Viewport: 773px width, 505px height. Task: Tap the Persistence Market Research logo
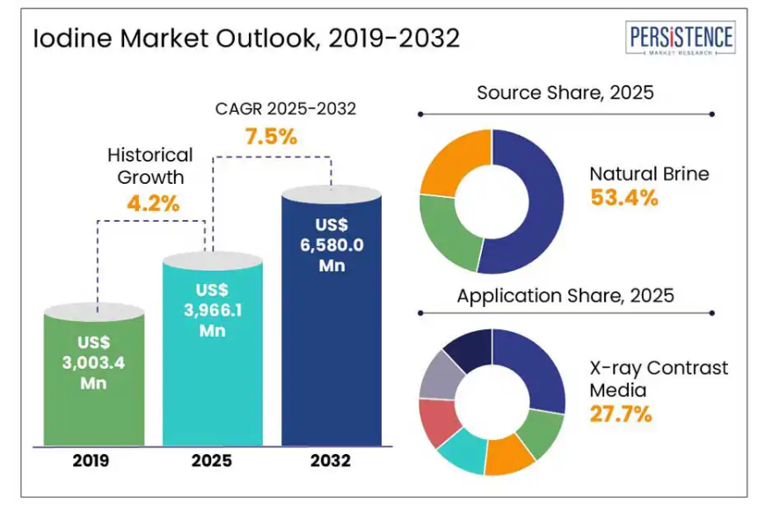click(681, 39)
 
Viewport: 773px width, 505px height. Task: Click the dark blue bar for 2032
click(331, 352)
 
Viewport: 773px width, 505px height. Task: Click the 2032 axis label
click(331, 461)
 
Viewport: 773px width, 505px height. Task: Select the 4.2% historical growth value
click(151, 203)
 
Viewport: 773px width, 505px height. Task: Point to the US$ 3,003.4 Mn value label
click(94, 362)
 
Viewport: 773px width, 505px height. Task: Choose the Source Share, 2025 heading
click(565, 92)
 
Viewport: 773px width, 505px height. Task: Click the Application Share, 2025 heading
click(565, 296)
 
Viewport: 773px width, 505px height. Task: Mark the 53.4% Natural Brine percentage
click(624, 197)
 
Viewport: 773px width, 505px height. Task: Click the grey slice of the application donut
click(436, 378)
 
